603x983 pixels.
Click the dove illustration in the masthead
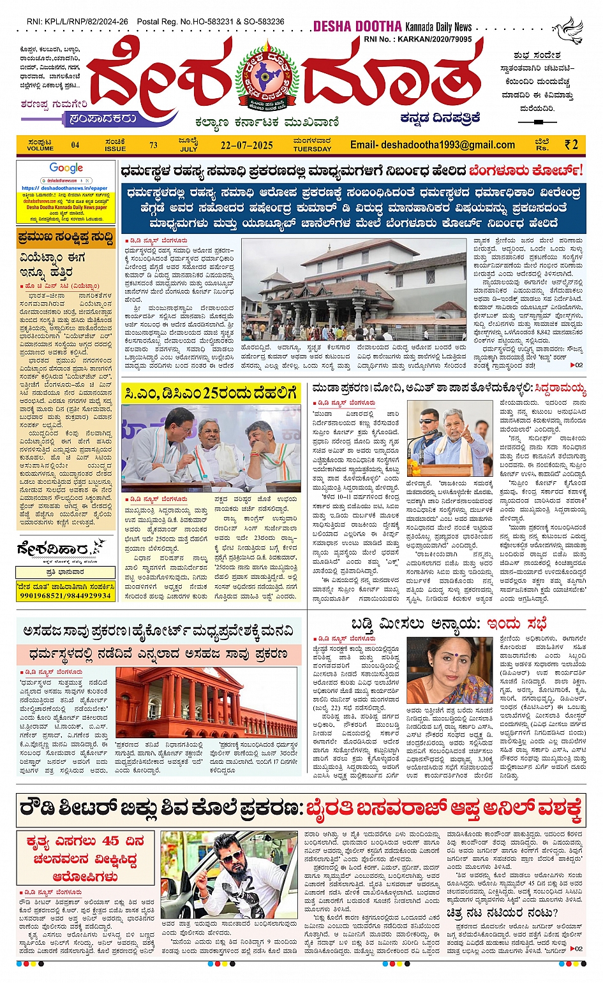pos(569,30)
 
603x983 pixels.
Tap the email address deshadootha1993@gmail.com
pos(432,145)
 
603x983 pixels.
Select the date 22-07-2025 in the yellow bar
pos(246,145)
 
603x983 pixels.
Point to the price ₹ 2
pos(571,145)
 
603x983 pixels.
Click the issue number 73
pos(153,145)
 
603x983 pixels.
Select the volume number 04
pos(75,145)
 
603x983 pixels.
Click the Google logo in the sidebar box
pos(66,168)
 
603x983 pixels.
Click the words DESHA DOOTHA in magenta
pos(357,27)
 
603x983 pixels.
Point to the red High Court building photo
pos(206,703)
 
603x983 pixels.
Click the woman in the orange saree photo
pos(441,669)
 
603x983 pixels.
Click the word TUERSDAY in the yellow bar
pos(312,149)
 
